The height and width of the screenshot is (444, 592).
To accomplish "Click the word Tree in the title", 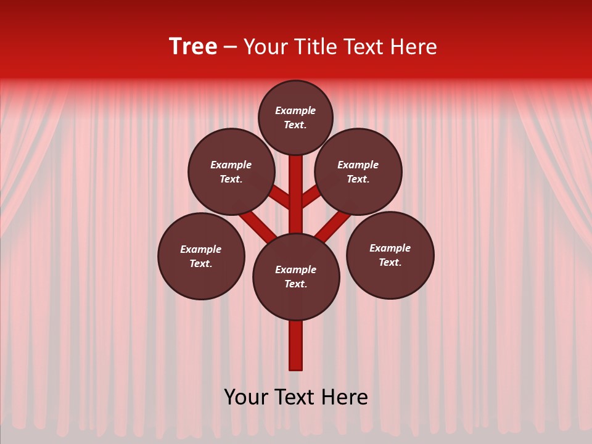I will pos(193,47).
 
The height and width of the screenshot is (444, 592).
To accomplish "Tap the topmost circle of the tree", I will pos(295,118).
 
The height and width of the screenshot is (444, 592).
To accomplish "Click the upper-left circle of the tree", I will pos(231,172).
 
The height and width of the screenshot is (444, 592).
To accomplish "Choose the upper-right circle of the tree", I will pos(358,172).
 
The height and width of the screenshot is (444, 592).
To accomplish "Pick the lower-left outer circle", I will pos(201,257).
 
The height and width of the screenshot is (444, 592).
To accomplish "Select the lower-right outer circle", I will pos(390,255).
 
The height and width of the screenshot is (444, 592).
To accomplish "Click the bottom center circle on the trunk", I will pos(296,277).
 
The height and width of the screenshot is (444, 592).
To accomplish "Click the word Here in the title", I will pos(414,47).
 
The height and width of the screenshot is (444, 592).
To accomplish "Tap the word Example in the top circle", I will pos(295,111).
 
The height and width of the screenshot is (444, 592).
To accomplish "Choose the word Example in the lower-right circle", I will pos(390,249).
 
